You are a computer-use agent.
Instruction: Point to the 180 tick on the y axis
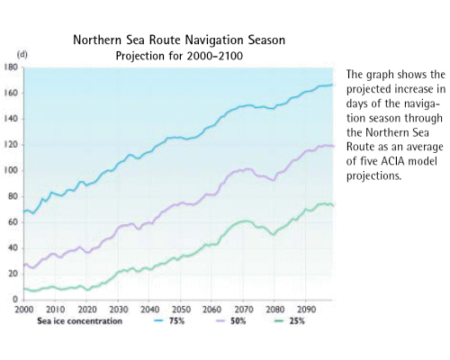(12, 67)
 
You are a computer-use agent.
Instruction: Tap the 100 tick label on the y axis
(12, 170)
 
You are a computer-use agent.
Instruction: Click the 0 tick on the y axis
(16, 299)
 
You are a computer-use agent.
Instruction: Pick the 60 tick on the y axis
(13, 221)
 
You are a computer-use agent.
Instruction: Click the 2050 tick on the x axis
(179, 308)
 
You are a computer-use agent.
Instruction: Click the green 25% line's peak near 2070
(244, 220)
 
